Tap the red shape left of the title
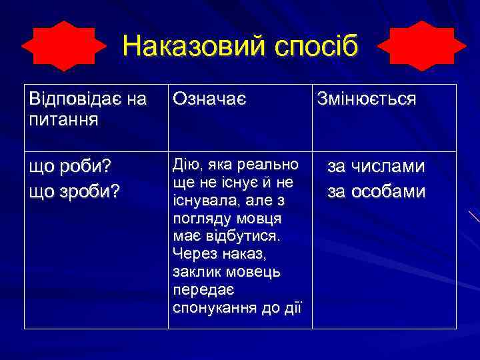[x=64, y=46]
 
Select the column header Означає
[x=209, y=99]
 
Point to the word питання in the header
[x=63, y=120]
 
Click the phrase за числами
[x=375, y=166]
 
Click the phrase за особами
[x=376, y=192]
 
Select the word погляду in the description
[x=199, y=219]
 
